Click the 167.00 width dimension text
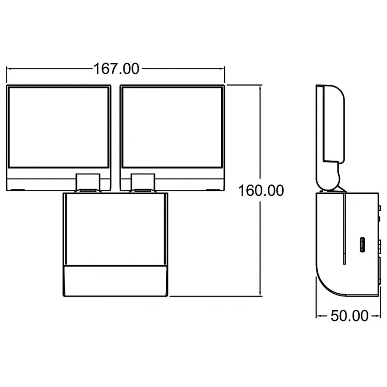[x=116, y=69]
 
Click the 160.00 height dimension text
[x=261, y=190]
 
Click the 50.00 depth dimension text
[x=349, y=316]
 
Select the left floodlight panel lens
[x=58, y=127]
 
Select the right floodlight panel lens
[x=172, y=127]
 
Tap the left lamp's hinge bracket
[x=88, y=182]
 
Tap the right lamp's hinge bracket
[x=143, y=182]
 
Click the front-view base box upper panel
[x=115, y=229]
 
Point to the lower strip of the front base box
[x=115, y=281]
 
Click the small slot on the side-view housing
[x=362, y=244]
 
